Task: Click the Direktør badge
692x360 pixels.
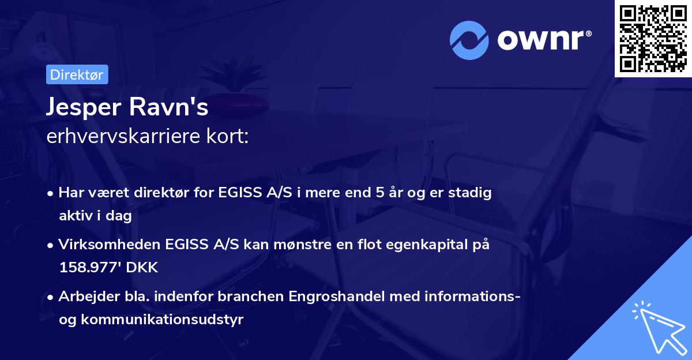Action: [77, 74]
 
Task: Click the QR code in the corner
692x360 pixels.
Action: [653, 38]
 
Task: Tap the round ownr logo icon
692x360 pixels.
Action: [469, 40]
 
